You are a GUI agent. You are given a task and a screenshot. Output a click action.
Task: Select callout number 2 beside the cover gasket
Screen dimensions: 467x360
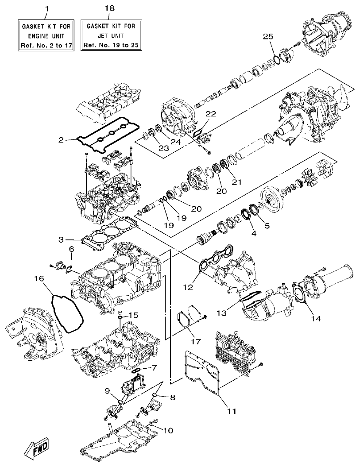click(60, 140)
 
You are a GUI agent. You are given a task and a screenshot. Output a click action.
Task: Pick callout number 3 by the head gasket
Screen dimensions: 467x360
click(61, 239)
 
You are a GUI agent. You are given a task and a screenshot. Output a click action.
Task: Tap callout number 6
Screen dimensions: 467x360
click(71, 250)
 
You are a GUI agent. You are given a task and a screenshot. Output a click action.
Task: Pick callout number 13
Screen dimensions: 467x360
click(221, 313)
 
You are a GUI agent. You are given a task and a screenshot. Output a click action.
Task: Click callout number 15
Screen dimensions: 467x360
click(133, 315)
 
